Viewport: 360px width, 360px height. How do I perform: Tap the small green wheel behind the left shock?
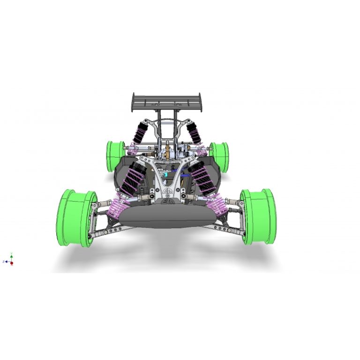click(116, 156)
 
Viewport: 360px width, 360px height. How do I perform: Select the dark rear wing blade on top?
click(168, 100)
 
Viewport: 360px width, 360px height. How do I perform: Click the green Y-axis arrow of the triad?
click(12, 256)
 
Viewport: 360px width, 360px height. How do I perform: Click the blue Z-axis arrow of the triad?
click(6, 262)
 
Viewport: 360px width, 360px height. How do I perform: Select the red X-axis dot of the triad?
click(12, 263)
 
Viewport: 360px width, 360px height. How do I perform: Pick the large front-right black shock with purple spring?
click(202, 177)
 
